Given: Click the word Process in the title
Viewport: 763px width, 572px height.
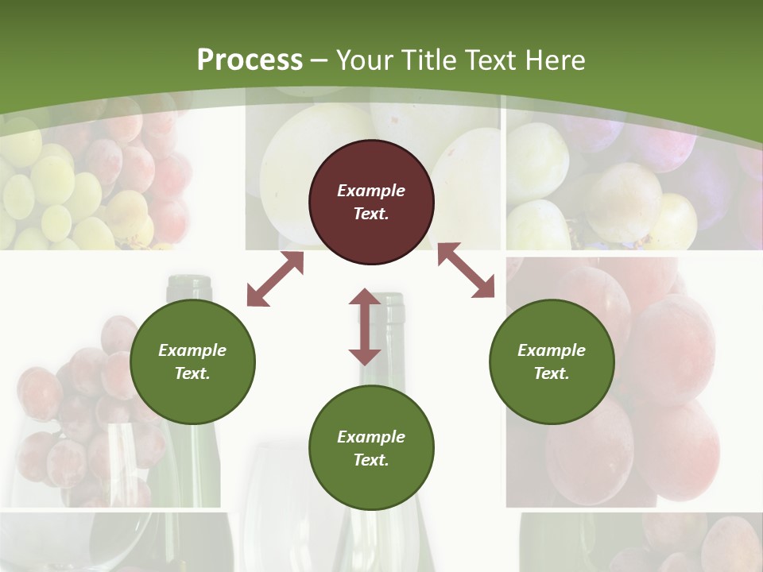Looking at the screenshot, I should tap(250, 60).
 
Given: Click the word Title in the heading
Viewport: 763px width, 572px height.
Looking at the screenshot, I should tap(428, 60).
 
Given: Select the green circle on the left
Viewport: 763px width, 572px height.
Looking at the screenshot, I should tap(192, 361).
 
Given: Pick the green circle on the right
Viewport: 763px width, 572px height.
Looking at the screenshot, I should tap(552, 361).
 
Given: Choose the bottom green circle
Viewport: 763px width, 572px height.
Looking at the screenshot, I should tap(371, 448).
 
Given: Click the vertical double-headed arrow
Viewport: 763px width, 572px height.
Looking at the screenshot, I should tap(365, 327).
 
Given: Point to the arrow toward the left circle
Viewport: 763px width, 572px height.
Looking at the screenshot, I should tap(275, 279).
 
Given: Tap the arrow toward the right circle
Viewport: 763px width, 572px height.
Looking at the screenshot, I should tap(466, 270).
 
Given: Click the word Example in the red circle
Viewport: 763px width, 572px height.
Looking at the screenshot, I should tap(371, 191).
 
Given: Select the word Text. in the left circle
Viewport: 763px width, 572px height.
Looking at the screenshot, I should tap(192, 373).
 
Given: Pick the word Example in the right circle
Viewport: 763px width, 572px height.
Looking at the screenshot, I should tap(552, 350).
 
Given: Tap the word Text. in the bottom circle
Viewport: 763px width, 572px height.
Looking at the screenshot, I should tap(371, 460).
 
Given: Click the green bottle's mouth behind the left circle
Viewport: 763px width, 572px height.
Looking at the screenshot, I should tap(189, 282).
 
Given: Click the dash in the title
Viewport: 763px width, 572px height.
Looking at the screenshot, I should tap(320, 60).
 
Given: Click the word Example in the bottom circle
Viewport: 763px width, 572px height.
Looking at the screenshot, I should tap(371, 437).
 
